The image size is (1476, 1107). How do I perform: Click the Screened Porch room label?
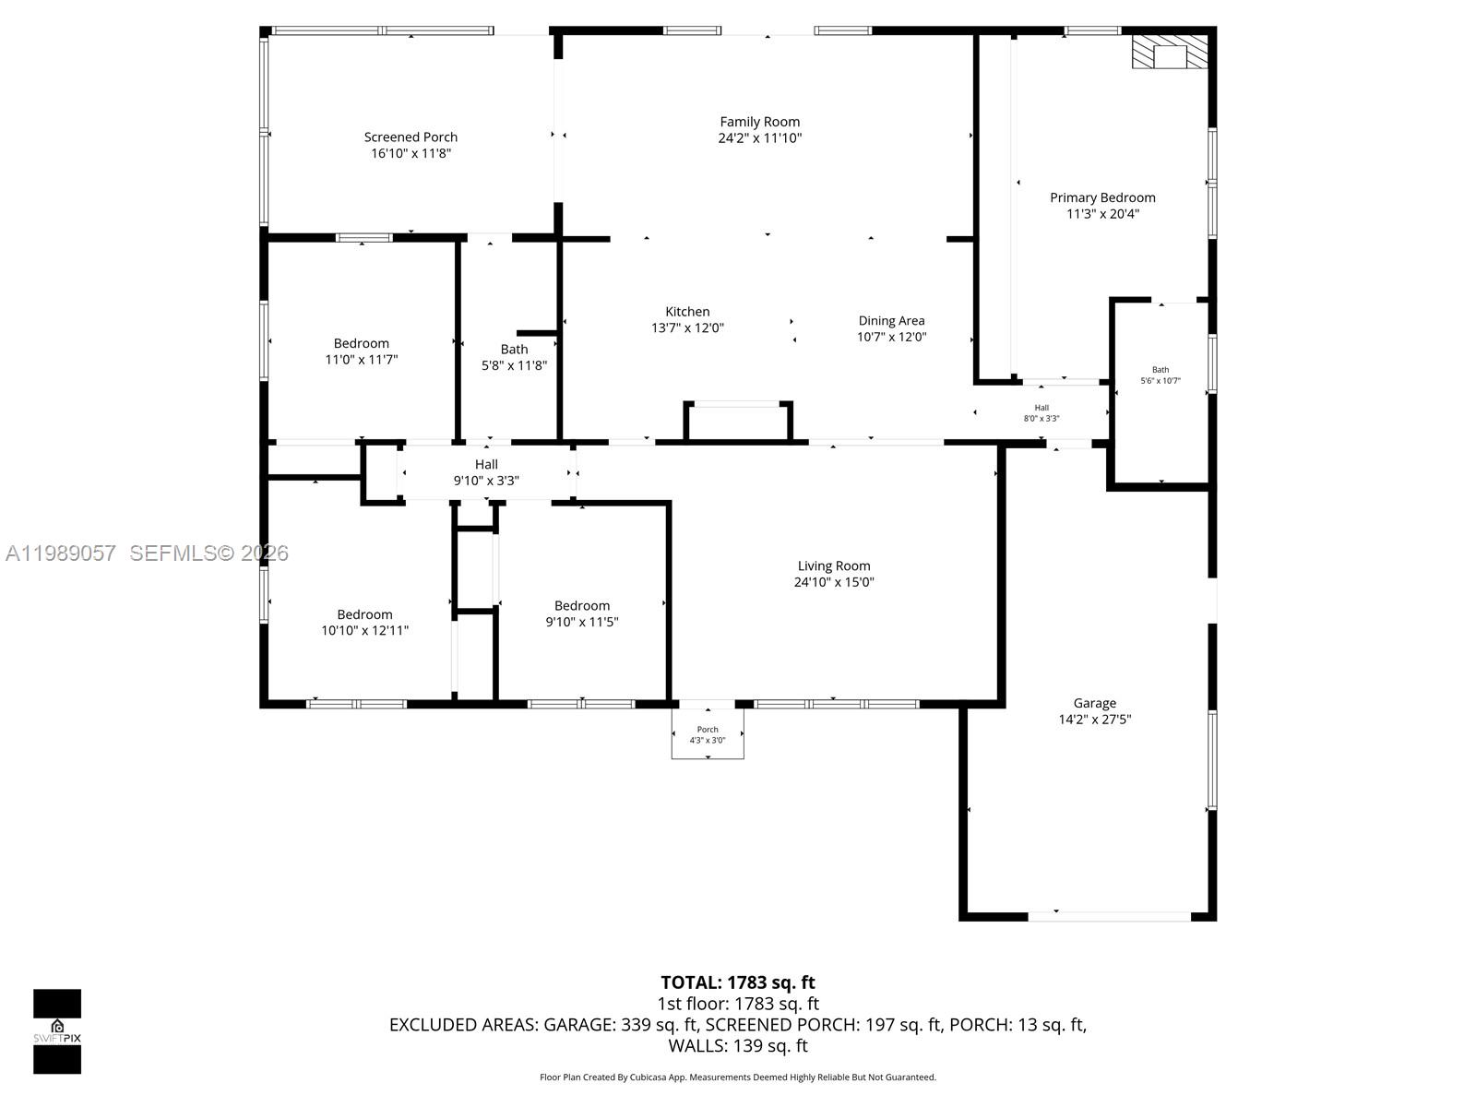pos(411,137)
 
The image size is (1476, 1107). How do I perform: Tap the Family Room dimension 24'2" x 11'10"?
pos(760,138)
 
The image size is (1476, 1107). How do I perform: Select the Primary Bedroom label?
pos(1102,197)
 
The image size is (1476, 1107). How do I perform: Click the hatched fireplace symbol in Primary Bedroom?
pos(1170,52)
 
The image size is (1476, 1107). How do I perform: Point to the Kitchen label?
pos(687,312)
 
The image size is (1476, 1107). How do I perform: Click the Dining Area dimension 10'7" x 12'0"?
pos(891,338)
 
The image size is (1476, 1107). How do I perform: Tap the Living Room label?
pos(834,565)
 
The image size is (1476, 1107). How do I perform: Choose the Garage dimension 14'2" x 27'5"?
pos(1094,720)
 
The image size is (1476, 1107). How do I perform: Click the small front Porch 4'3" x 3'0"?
pos(708,734)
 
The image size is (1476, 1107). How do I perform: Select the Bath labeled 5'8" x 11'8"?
pos(514,357)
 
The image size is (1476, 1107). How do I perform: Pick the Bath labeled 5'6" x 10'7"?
pos(1160,375)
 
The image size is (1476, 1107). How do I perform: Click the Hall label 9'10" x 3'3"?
pos(486,472)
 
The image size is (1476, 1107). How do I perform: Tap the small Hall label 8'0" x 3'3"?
pos(1042,413)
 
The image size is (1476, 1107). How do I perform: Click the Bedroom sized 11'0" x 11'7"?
pos(361,351)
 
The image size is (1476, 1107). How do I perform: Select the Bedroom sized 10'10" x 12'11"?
pos(364,623)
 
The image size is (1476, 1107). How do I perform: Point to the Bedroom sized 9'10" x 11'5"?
pos(581,613)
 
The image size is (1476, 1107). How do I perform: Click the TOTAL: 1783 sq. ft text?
pos(738,982)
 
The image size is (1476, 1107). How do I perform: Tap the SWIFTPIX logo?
pos(57,1031)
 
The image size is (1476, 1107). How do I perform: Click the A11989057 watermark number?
pos(61,553)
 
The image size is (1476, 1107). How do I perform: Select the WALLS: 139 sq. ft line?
pos(738,1046)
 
